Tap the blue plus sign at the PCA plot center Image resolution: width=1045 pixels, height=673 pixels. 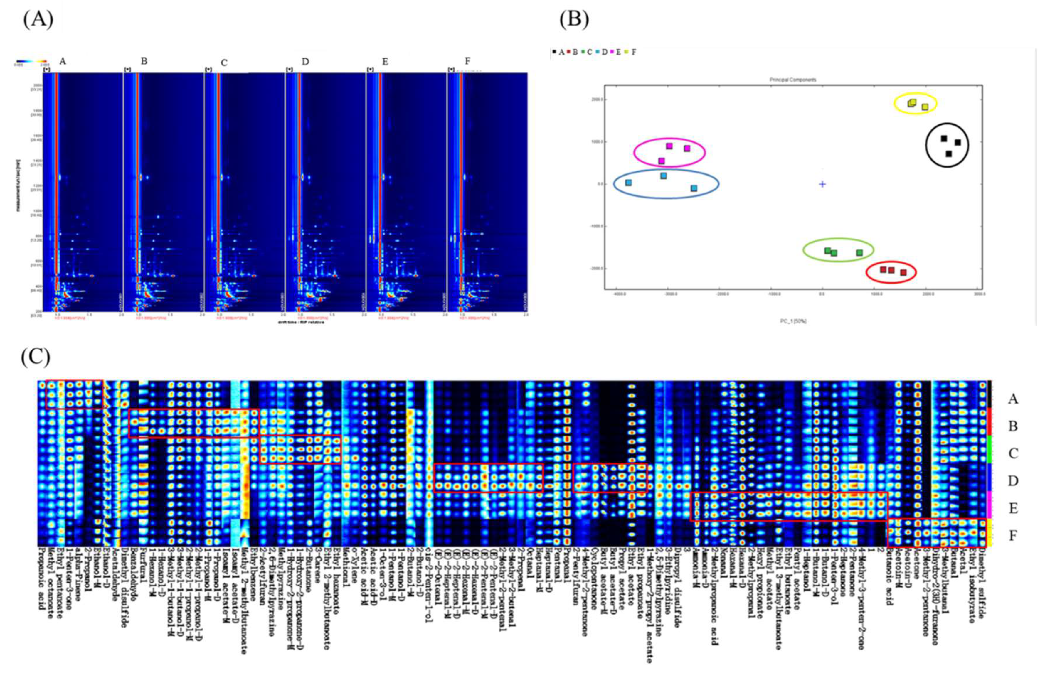[x=822, y=184]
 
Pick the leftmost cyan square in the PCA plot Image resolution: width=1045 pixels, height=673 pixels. [x=628, y=183]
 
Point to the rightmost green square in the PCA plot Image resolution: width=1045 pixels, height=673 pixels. [x=859, y=253]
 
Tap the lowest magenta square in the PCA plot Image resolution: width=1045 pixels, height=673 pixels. [x=661, y=161]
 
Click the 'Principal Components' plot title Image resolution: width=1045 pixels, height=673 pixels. [x=793, y=80]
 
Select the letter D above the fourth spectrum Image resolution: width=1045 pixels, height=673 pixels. [x=305, y=62]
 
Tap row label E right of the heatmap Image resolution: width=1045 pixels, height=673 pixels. [x=1013, y=508]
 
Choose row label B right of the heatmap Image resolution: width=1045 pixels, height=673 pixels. [x=1013, y=426]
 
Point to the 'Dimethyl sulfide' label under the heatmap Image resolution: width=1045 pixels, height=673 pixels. [x=982, y=573]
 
